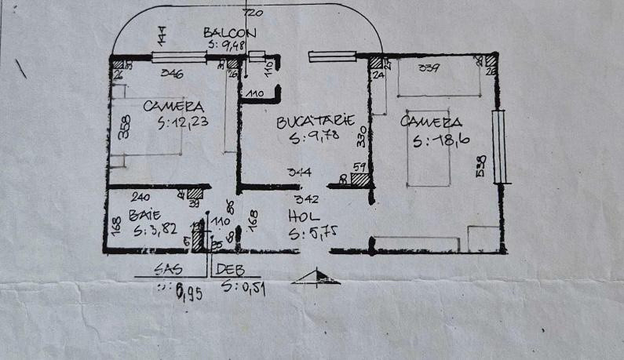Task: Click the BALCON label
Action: click(229, 32)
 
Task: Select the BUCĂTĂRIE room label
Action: click(315, 123)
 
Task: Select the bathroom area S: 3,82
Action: click(155, 232)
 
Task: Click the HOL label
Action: click(301, 216)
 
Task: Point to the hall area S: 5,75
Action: click(312, 233)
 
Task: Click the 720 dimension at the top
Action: click(251, 14)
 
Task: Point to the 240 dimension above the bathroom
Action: click(140, 198)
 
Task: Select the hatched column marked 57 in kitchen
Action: click(360, 179)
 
